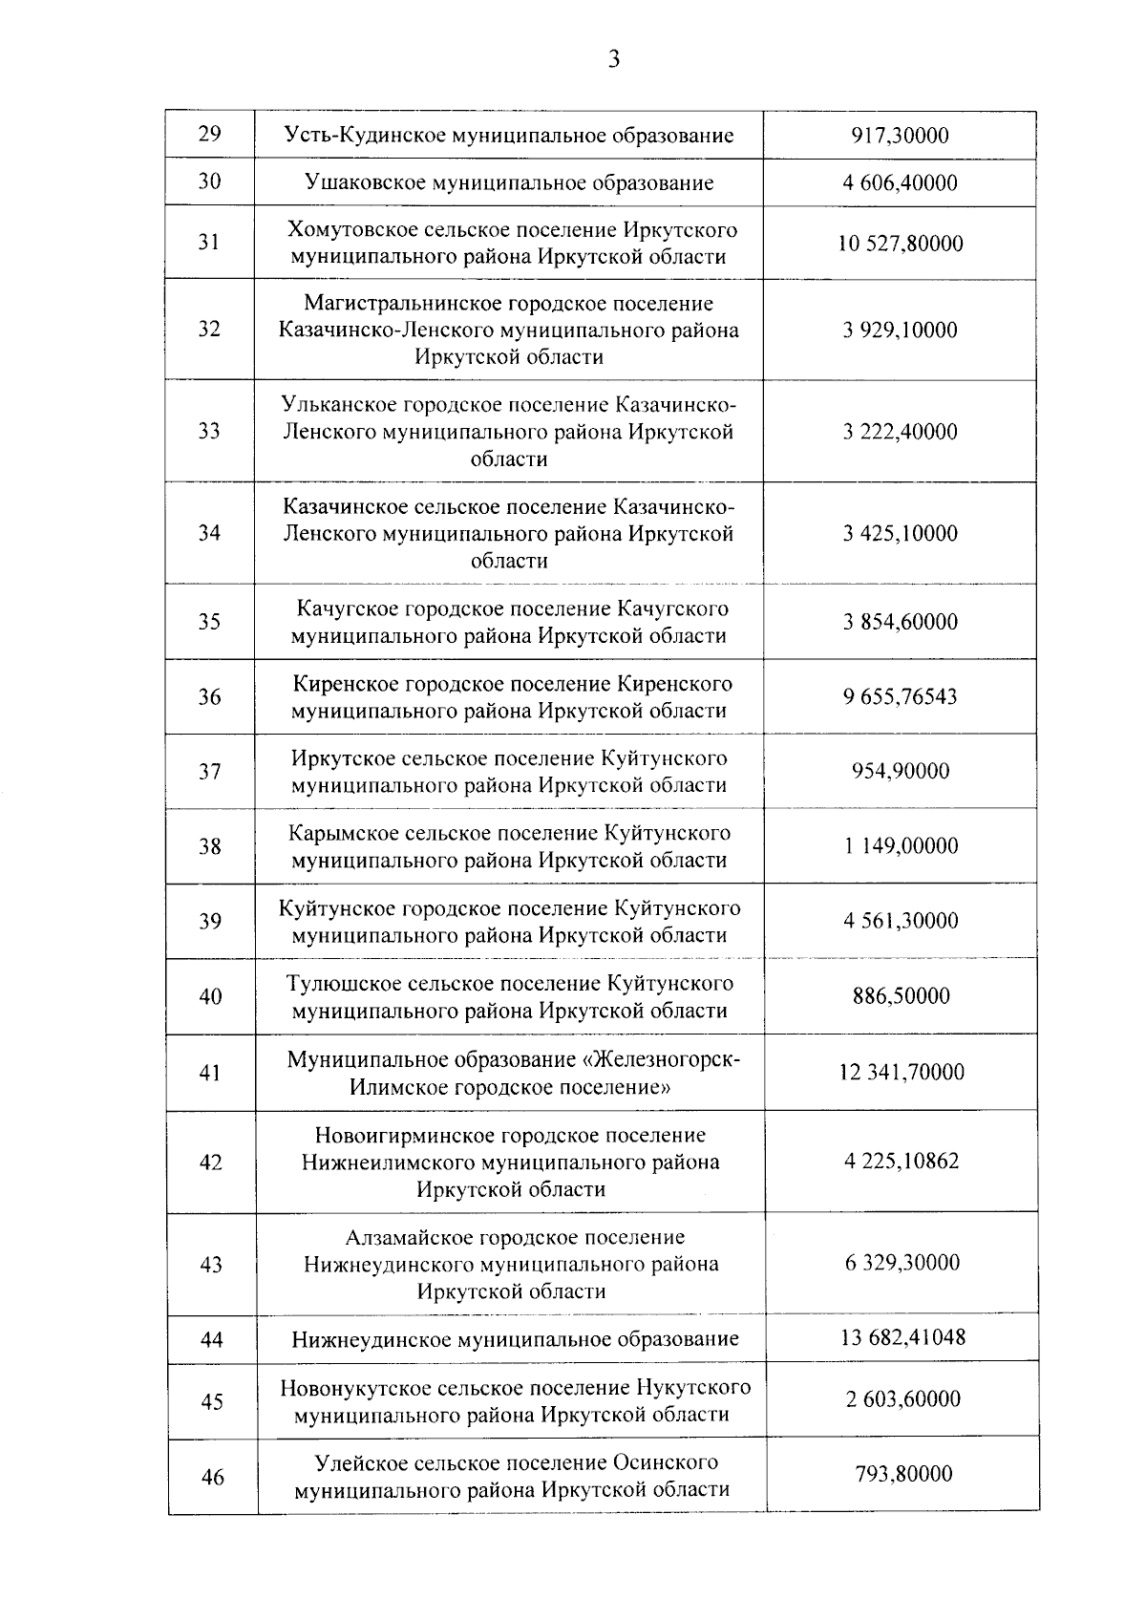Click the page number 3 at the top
pos(614,60)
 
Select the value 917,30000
pos(900,136)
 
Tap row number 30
pos(209,181)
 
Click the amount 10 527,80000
pos(900,244)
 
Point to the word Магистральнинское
pos(388,304)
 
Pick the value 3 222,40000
pos(900,432)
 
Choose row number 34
pos(209,533)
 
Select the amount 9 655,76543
pos(900,697)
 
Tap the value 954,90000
pos(900,772)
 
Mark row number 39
pos(210,921)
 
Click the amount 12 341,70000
pos(901,1073)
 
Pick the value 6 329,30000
pos(902,1264)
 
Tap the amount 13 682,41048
pos(902,1337)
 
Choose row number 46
pos(212,1478)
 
